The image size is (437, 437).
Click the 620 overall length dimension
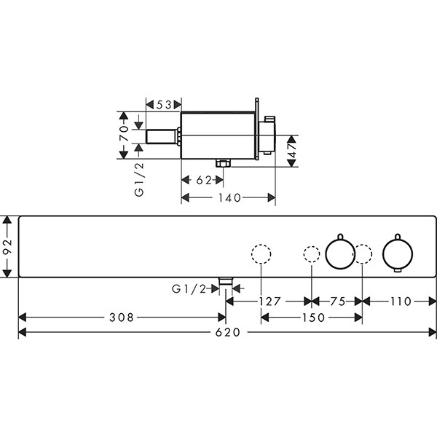227,332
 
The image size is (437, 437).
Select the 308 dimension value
122,317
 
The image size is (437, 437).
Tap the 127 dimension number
269,302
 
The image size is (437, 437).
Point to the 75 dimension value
338,302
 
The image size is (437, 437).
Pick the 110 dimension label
401,302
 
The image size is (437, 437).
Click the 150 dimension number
313,318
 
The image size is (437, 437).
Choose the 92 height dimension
8,246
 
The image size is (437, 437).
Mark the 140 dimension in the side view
229,198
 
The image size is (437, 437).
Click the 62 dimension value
204,181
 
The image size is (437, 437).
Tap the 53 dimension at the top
164,105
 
